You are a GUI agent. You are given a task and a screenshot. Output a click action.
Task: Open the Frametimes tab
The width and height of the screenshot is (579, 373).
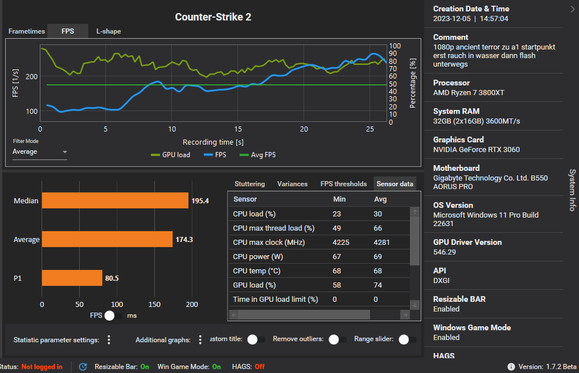(27, 31)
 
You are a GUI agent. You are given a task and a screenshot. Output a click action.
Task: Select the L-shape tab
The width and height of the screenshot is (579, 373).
(109, 31)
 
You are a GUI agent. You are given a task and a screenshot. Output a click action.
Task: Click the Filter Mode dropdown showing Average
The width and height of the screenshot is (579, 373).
(39, 152)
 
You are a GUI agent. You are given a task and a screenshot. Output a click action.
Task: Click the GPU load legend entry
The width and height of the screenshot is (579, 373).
(171, 155)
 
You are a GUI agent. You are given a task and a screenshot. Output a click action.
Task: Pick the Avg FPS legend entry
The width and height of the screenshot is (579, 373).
(258, 155)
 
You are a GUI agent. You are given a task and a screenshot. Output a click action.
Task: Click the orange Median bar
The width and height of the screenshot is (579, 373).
(115, 200)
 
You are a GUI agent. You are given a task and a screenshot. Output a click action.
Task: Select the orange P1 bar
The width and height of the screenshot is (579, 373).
(72, 278)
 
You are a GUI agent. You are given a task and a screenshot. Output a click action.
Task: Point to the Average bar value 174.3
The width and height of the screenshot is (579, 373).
(184, 239)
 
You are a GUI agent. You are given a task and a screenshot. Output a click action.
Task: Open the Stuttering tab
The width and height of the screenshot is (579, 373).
(249, 184)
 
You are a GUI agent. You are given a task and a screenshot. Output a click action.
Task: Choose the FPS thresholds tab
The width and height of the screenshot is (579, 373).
(343, 184)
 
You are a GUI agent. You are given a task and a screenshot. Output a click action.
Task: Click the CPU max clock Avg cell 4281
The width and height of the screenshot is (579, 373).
(381, 242)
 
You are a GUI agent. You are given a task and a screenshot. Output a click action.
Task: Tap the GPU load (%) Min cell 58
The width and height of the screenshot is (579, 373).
(337, 285)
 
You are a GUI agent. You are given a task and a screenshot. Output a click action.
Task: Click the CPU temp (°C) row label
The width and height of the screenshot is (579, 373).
(257, 271)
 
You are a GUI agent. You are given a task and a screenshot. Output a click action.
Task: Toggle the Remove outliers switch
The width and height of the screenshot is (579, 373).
(338, 339)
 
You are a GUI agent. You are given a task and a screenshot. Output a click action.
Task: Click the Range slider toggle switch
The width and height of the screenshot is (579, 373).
(408, 339)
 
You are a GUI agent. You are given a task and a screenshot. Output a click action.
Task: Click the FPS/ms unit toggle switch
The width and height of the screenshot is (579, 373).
(113, 315)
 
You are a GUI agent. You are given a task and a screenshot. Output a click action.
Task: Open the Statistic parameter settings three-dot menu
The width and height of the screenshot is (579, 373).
(109, 340)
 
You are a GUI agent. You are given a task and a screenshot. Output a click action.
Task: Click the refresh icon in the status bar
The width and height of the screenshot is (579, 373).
(83, 367)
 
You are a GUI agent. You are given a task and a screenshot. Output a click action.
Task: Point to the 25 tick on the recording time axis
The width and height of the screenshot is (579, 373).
(370, 129)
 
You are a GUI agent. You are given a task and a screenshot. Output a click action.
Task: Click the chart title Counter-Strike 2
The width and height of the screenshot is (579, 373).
(213, 17)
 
